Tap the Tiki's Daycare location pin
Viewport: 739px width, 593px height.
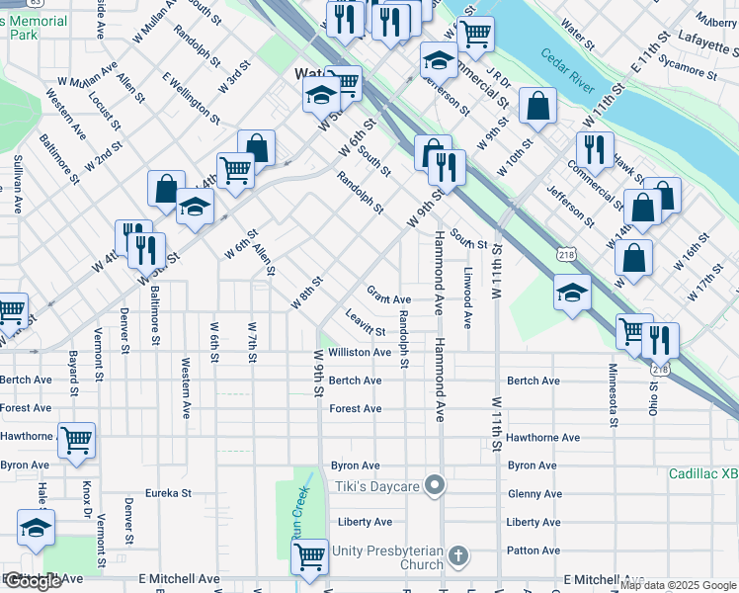(x=434, y=484)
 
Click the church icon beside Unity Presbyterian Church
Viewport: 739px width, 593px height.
(x=457, y=556)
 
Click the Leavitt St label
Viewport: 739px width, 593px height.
(x=366, y=322)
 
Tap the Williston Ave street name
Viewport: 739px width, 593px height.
(x=360, y=352)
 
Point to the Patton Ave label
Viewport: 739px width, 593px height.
(x=533, y=551)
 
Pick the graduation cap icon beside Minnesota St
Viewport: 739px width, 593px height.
(x=572, y=292)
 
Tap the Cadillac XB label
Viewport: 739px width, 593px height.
(x=702, y=474)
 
